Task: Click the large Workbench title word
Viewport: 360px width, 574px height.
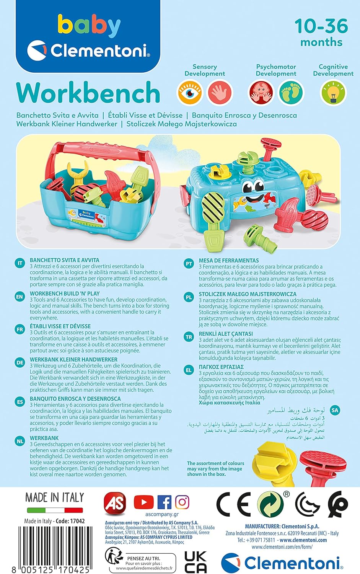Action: (x=88, y=93)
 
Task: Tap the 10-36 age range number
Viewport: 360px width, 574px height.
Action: (x=321, y=26)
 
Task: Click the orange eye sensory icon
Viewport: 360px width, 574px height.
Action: (x=190, y=92)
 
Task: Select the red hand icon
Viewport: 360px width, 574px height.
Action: (x=220, y=92)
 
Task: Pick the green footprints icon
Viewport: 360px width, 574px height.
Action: (x=291, y=92)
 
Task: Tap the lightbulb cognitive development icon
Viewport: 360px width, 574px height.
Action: (x=333, y=92)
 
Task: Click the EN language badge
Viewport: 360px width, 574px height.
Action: (x=20, y=297)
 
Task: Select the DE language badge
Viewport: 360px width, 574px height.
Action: (x=20, y=362)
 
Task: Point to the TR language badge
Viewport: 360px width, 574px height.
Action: (x=189, y=337)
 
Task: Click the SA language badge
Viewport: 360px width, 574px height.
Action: (x=335, y=410)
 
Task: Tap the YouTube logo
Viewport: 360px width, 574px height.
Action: (x=144, y=502)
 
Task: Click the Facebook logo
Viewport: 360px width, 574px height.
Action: (x=164, y=502)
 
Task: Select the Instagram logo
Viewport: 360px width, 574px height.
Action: (x=182, y=502)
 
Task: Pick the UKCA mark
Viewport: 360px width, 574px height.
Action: (x=195, y=562)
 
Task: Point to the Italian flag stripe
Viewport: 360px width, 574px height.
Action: (x=55, y=510)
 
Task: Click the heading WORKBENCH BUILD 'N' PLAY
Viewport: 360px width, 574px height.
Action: (x=65, y=294)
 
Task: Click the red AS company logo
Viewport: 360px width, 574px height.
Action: (x=115, y=504)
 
